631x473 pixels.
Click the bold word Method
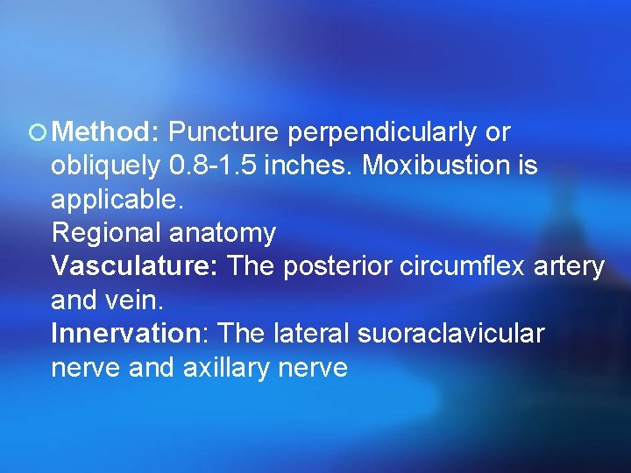(103, 132)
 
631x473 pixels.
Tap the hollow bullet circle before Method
(37, 134)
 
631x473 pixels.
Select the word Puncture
(223, 132)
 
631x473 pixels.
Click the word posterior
(337, 266)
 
